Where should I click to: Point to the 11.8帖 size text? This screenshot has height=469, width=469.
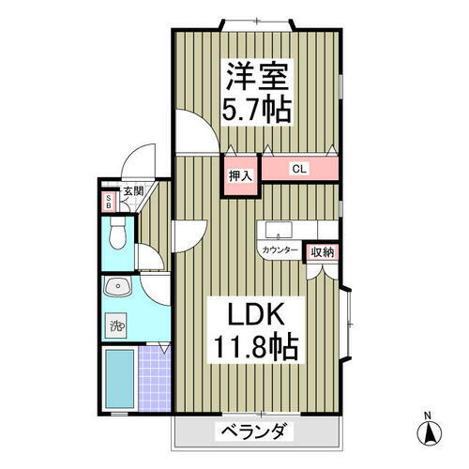250,349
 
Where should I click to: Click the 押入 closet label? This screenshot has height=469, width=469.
240,176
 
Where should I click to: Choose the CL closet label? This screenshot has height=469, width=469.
299,170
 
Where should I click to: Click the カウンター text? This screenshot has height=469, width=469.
280,250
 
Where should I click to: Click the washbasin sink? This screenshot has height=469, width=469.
116,288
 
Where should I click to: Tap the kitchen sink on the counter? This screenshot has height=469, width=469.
278,230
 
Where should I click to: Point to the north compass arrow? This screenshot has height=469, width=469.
429,434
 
